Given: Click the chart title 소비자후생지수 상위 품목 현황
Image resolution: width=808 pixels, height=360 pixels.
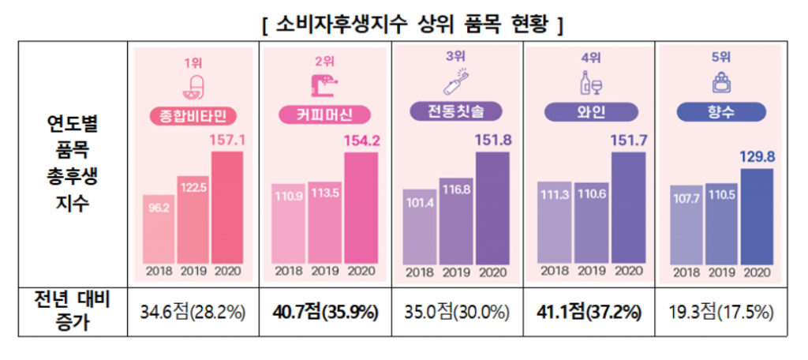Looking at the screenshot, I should point(410,24).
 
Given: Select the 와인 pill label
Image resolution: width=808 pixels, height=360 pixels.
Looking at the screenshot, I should point(592,111).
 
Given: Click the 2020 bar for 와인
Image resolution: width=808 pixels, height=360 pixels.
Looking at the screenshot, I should point(628,206).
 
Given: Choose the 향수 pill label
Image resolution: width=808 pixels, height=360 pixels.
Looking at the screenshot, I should point(722,112).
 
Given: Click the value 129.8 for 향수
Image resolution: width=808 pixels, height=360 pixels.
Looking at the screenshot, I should point(758,156).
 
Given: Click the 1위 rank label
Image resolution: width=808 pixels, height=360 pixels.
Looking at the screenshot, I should point(193,62).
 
